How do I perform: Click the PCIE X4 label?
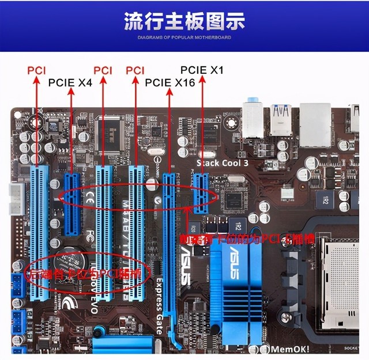(x=70, y=82)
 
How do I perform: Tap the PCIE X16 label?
(x=170, y=82)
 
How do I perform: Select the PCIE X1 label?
(x=202, y=70)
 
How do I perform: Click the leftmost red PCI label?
(x=36, y=70)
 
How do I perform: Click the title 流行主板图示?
(x=184, y=21)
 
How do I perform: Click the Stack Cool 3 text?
(x=223, y=162)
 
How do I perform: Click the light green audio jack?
(x=252, y=107)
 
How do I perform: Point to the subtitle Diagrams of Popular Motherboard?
(x=184, y=37)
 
